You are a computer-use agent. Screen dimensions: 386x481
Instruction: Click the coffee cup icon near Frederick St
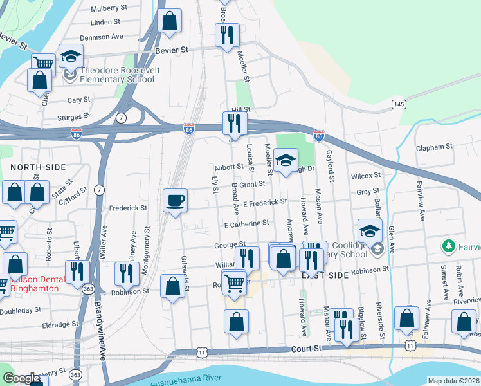pos(175,200)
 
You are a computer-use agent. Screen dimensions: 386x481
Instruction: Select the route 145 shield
pos(399,104)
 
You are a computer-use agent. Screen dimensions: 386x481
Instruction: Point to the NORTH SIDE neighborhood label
pos(38,167)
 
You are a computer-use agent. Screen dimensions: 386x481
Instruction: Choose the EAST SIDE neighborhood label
pos(325,275)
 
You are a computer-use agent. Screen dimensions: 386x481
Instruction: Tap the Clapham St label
pos(435,147)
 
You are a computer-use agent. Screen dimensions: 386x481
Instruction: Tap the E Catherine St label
pos(246,224)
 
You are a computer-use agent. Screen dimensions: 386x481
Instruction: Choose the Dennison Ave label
pos(102,37)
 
